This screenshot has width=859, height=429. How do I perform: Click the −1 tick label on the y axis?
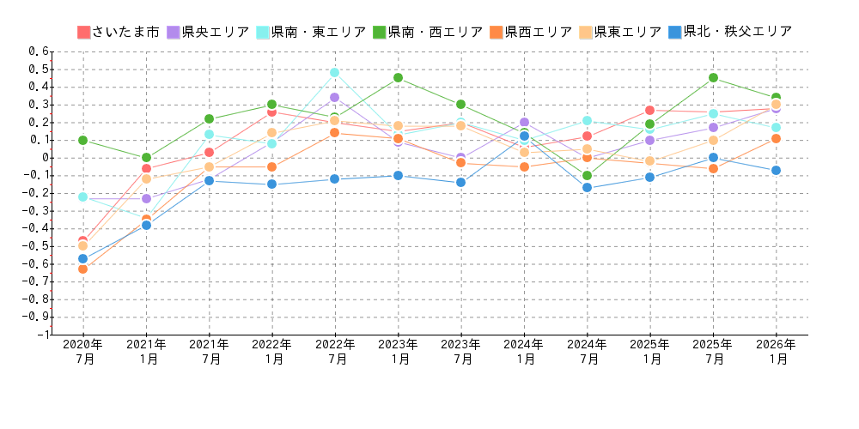pos(41,335)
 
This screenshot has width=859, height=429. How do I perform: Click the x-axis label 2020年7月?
pos(83,352)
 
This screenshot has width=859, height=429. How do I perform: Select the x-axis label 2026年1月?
pos(776,352)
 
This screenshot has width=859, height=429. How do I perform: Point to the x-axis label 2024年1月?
pos(524,352)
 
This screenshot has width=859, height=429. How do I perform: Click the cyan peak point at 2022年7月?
pos(334,72)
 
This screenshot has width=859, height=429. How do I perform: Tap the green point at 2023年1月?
pos(398,78)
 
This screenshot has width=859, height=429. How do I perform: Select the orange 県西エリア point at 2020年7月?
pos(82,269)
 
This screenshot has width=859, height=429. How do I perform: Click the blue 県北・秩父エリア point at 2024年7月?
pos(587,187)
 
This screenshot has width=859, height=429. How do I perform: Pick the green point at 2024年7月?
pos(587,175)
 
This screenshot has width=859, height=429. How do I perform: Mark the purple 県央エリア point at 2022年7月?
pos(334,97)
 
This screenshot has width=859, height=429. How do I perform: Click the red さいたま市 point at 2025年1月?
pos(649,110)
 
